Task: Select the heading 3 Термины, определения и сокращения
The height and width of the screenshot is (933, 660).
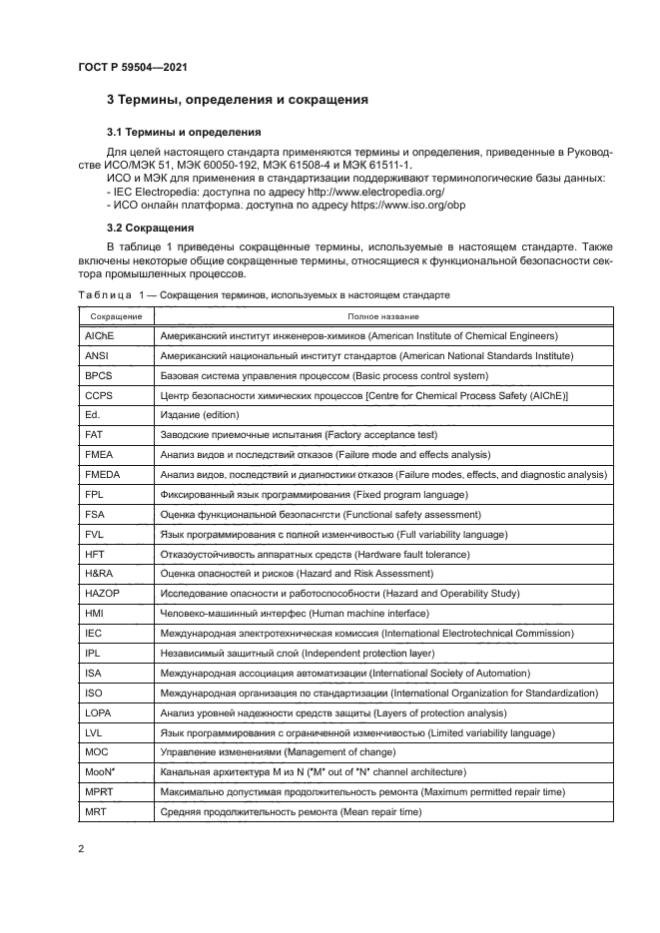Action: coord(238,100)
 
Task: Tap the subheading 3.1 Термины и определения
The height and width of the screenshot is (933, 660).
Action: coord(184,132)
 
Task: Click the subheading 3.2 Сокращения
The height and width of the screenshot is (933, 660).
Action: coord(150,228)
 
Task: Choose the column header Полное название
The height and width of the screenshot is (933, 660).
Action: coord(382,316)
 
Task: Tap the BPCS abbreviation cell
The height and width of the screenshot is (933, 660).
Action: coord(99,376)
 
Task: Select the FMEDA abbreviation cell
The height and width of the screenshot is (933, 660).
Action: coord(103,474)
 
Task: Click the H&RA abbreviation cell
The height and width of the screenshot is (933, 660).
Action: coord(100,573)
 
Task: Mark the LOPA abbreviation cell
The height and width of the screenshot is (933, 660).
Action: coord(99,711)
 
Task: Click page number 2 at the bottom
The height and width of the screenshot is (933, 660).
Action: coord(80,848)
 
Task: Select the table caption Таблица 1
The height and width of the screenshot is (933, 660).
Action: coord(263,296)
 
